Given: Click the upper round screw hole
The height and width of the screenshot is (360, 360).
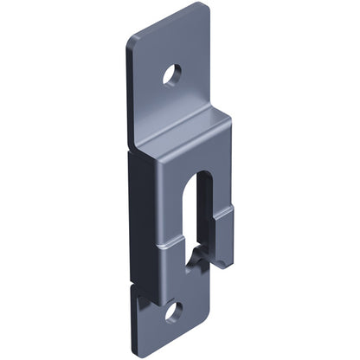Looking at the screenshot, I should (172, 74).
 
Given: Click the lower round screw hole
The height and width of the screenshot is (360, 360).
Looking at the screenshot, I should (174, 311).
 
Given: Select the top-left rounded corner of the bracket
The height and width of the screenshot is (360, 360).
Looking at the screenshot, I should (132, 41).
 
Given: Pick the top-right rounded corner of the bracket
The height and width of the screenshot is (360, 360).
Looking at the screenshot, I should (204, 8).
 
